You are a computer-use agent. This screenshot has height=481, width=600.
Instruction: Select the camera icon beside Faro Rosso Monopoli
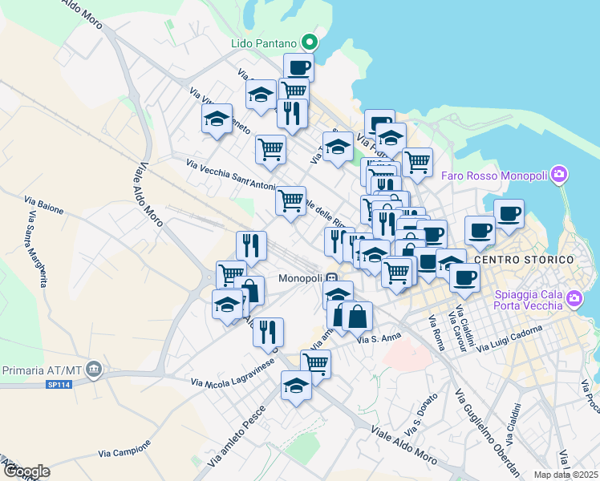[560, 174]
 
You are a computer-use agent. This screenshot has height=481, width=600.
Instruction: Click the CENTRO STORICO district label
[525, 261]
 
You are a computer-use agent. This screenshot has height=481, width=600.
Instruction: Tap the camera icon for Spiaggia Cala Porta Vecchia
[574, 299]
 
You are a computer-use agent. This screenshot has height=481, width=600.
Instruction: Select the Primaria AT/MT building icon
[94, 370]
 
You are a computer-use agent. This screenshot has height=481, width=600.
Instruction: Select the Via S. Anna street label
[379, 339]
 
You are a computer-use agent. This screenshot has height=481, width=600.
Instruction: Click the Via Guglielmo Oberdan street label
[486, 432]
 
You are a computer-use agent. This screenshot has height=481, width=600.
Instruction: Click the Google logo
[26, 471]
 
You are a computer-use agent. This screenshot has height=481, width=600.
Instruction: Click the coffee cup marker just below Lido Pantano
[298, 67]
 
